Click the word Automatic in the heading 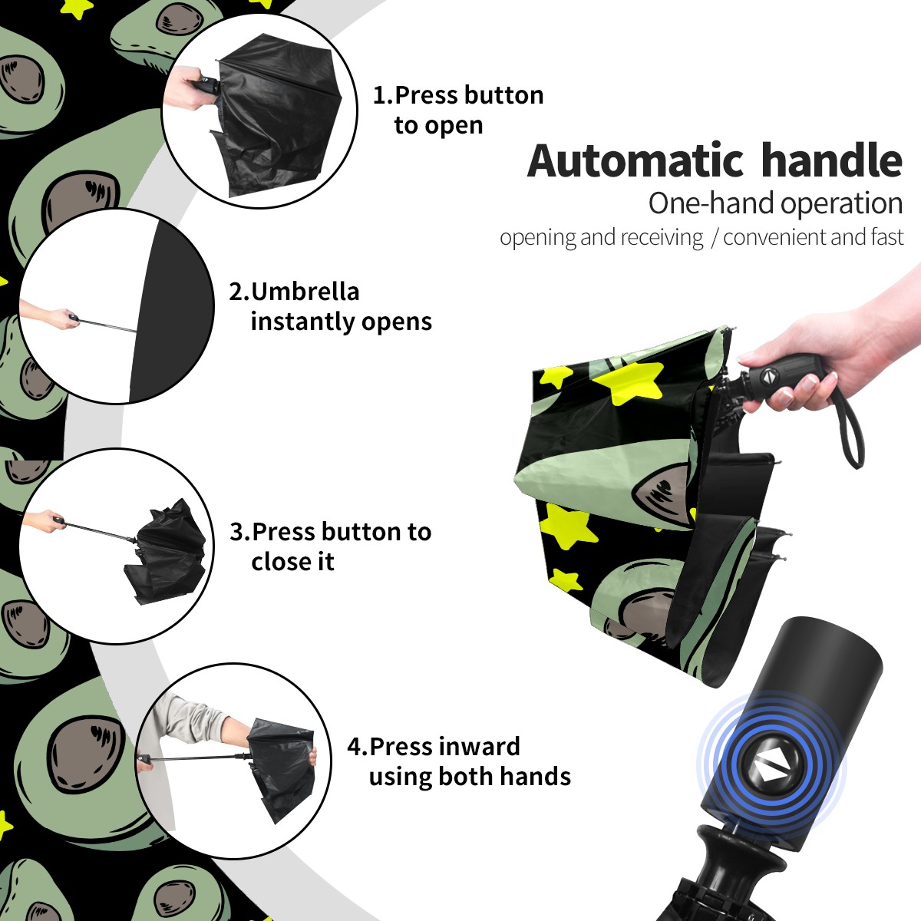pos(635,160)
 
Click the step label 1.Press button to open pos(458,110)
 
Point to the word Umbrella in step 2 pos(305,292)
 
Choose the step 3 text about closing pos(330,546)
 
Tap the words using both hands pos(470,777)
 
